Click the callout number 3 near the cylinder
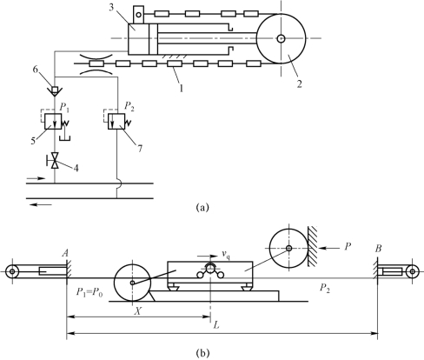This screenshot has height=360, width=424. pyautogui.click(x=111, y=8)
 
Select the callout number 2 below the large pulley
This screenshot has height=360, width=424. pyautogui.click(x=299, y=84)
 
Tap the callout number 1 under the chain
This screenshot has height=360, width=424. pyautogui.click(x=182, y=88)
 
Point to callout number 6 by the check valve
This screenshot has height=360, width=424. pyautogui.click(x=35, y=70)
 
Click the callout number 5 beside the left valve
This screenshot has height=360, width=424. pyautogui.click(x=33, y=141)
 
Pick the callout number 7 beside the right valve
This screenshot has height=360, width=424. pyautogui.click(x=140, y=149)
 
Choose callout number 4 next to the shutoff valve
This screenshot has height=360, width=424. pyautogui.click(x=76, y=168)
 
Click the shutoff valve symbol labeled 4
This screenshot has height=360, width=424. pyautogui.click(x=54, y=160)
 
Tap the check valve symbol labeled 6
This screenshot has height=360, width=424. pyautogui.click(x=55, y=90)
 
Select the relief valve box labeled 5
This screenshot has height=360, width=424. pyautogui.click(x=53, y=122)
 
